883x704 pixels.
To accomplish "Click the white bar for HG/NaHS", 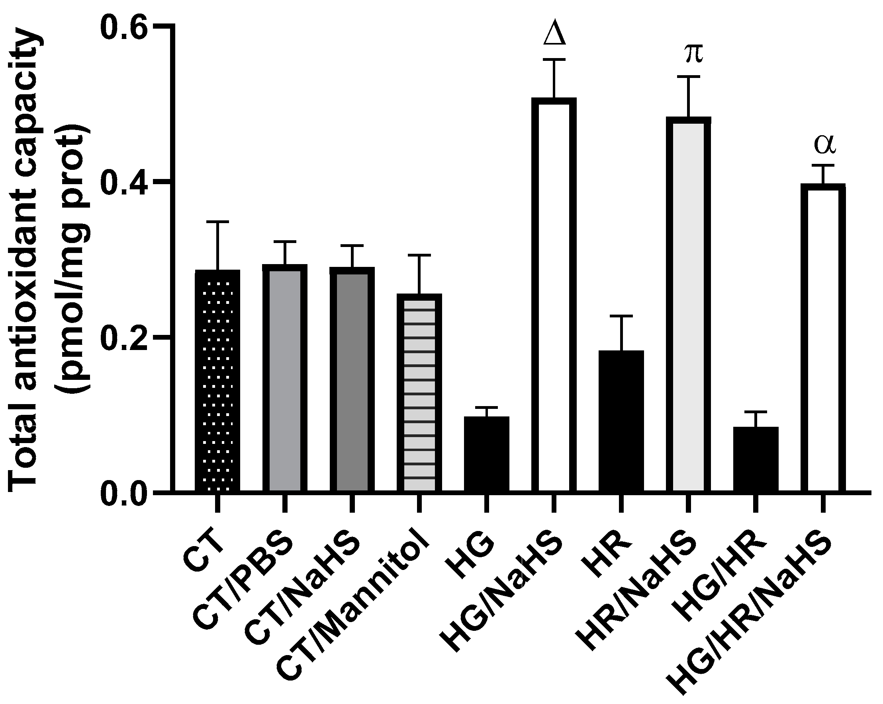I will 554,294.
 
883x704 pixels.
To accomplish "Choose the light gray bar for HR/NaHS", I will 689,305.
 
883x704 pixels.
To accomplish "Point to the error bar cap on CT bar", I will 217,222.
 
